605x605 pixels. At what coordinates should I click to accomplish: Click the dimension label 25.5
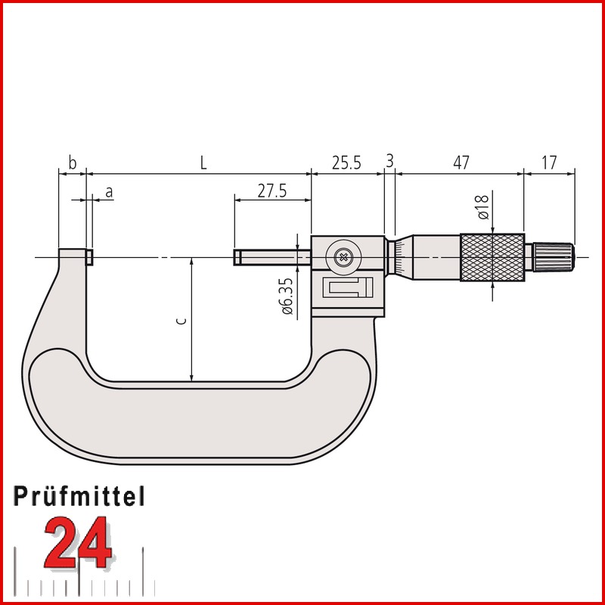[346, 163]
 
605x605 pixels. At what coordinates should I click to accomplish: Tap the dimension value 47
[461, 163]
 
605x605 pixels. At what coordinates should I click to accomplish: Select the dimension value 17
[549, 163]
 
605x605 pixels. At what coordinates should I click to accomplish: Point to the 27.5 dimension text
[272, 191]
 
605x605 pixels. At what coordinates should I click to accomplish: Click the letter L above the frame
[203, 163]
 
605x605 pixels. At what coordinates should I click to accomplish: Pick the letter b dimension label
[72, 163]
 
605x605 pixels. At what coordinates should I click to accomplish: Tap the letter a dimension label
[109, 192]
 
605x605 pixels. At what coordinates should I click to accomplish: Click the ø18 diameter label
[483, 207]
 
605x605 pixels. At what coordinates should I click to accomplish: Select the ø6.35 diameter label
[287, 296]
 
